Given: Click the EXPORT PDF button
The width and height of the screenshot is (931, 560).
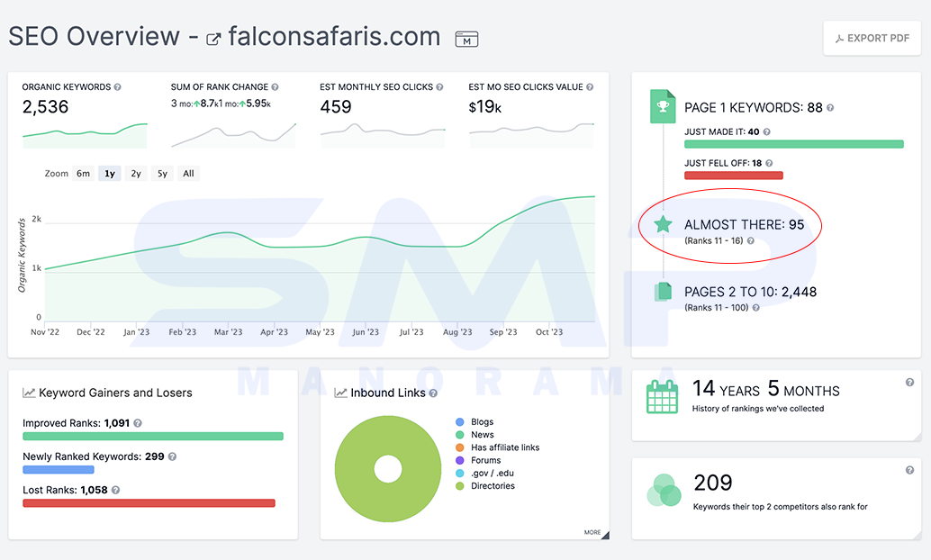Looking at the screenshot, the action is (x=872, y=39).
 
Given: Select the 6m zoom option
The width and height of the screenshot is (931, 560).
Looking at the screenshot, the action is (x=83, y=174).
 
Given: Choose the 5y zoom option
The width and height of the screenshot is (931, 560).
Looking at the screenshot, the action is (x=162, y=174).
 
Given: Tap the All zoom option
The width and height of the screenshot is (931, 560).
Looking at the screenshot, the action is (x=188, y=174).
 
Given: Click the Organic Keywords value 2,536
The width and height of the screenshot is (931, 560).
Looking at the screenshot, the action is (x=45, y=107).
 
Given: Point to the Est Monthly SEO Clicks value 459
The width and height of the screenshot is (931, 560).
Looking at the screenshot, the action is (x=336, y=107).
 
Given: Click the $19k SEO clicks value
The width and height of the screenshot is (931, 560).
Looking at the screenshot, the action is (x=485, y=107).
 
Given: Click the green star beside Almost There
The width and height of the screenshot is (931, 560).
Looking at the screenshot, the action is (x=663, y=224).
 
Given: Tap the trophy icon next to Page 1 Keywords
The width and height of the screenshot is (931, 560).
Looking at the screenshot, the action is (x=663, y=106).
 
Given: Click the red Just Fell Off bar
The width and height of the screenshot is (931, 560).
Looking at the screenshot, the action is (x=733, y=176).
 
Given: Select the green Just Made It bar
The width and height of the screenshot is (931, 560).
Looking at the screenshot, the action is (x=794, y=144).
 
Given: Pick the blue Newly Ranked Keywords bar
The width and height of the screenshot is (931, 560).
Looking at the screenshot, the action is (x=59, y=470).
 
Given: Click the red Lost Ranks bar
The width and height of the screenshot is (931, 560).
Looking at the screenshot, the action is (x=149, y=503).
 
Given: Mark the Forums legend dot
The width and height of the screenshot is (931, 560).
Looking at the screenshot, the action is (x=459, y=460).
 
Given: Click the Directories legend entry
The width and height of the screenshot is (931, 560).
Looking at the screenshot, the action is (x=485, y=486).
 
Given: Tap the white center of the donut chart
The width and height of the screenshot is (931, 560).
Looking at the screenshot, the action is (x=388, y=469).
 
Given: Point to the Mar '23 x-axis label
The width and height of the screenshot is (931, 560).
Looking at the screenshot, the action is (x=228, y=332).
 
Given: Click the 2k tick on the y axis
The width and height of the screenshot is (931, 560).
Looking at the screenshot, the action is (x=36, y=219).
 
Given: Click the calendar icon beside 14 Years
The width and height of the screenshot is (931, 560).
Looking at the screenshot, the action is (x=662, y=396).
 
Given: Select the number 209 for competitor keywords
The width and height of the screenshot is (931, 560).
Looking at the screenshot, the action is (x=712, y=483).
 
